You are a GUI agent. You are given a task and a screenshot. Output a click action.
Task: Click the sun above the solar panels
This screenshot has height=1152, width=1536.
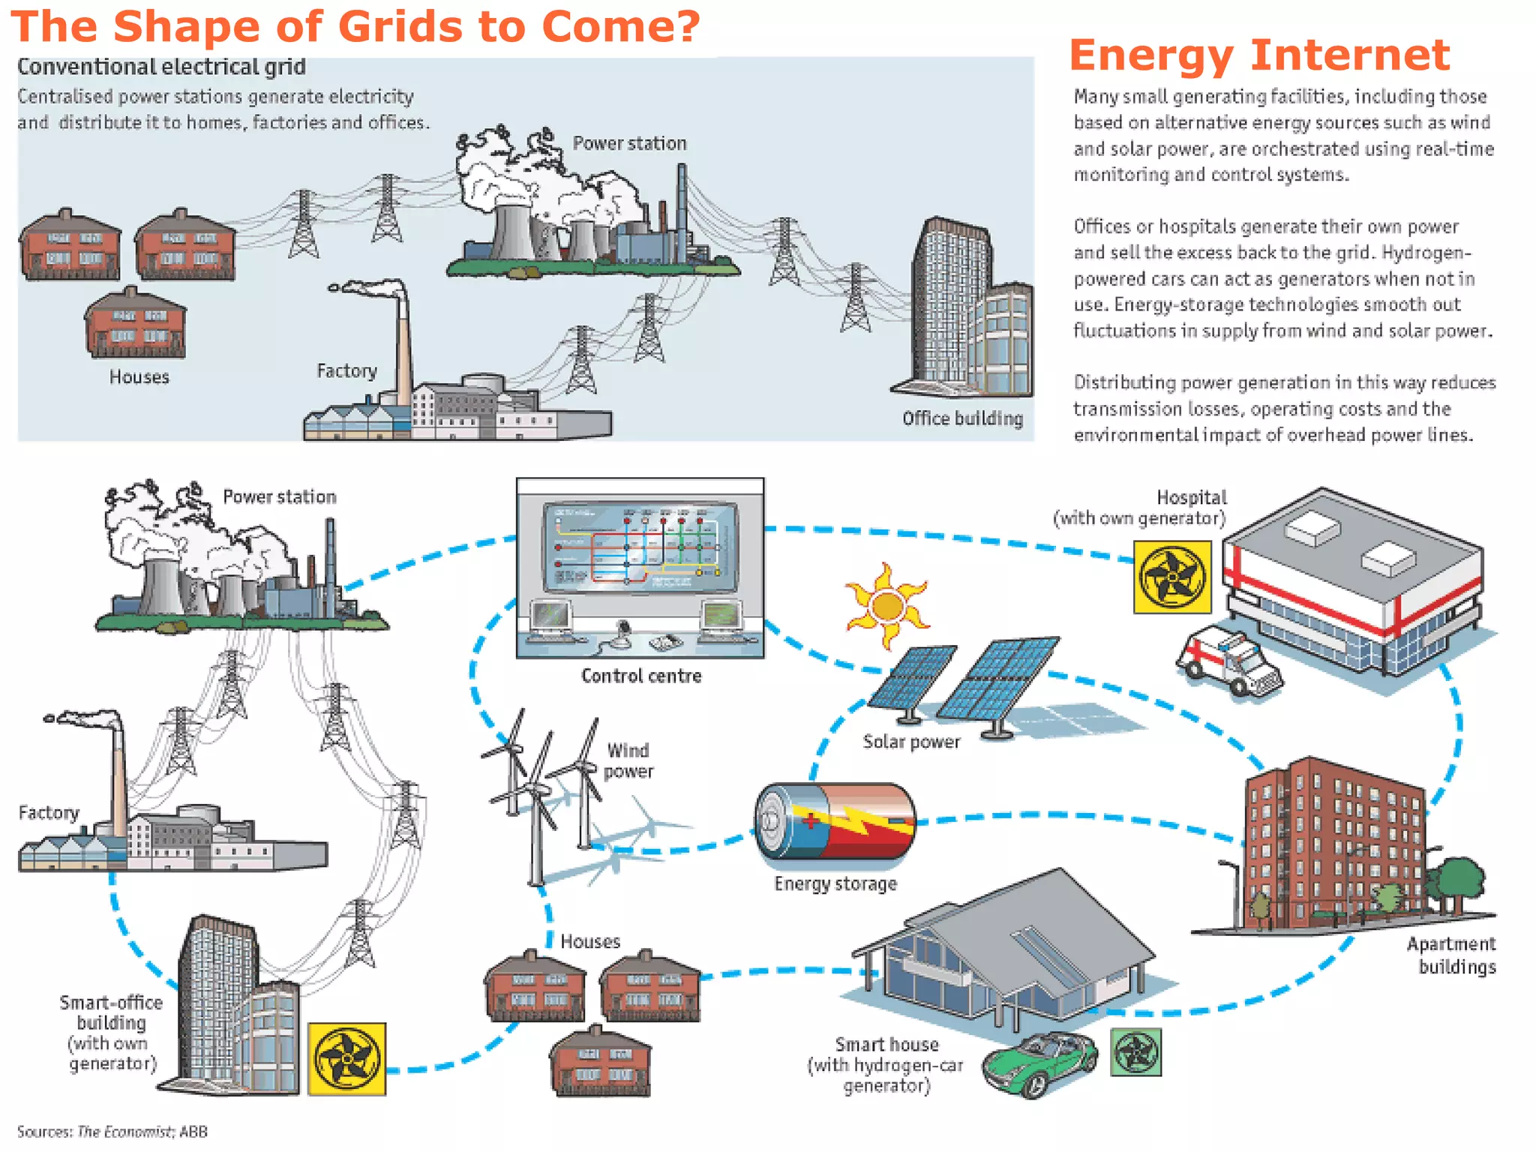[887, 605]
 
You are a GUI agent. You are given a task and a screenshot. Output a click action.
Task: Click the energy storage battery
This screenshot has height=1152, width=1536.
[835, 822]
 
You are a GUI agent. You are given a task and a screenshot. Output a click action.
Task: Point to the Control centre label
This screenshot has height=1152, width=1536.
[641, 676]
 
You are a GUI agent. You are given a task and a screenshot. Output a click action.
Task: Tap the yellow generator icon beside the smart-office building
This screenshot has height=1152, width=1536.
[347, 1058]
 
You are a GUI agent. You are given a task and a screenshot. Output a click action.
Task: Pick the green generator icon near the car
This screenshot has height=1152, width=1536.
[1135, 1052]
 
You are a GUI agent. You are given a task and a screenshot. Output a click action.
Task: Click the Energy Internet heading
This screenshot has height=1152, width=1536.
[1259, 55]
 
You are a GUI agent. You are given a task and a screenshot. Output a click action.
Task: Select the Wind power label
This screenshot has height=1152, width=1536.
[628, 760]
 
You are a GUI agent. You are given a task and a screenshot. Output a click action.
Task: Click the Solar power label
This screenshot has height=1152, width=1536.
[911, 742]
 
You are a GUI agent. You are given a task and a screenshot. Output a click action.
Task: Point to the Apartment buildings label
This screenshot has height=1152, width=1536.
[1451, 955]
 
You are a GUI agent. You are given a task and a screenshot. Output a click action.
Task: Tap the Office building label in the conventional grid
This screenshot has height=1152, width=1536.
[962, 418]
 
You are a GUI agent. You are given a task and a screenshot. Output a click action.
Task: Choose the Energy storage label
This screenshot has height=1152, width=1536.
[835, 884]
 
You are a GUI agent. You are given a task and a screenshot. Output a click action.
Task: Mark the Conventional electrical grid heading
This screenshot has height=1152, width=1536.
[161, 67]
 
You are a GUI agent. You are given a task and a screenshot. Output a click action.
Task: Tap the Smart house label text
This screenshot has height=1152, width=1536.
[886, 1045]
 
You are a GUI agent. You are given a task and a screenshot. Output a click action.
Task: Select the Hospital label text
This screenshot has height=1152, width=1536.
[1191, 497]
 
